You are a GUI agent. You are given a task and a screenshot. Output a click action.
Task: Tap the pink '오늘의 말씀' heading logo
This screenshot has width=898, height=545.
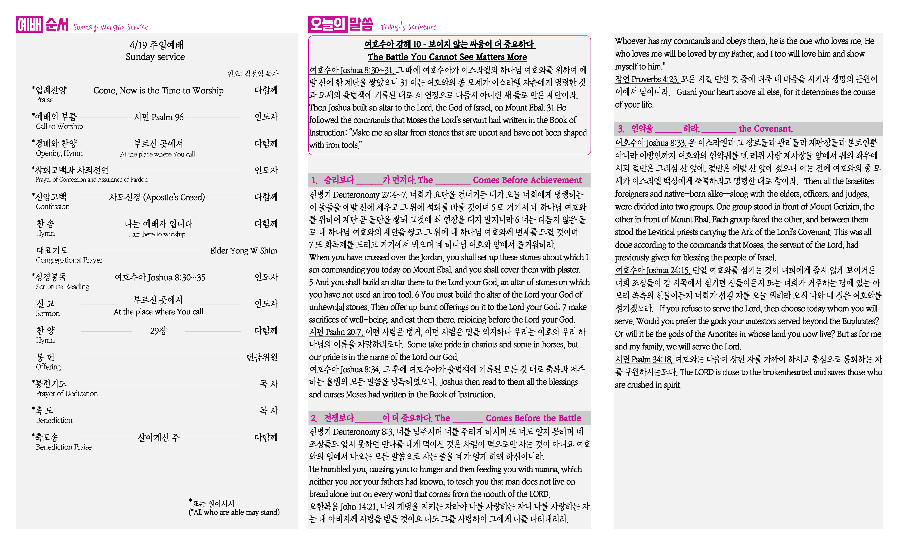[x=340, y=24]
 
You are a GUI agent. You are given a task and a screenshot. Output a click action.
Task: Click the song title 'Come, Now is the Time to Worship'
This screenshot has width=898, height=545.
[x=158, y=90]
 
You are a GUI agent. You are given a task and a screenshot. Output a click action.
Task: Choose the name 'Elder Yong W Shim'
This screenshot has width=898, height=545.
[x=244, y=251]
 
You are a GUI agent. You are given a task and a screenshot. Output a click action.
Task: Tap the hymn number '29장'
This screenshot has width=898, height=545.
[x=158, y=331]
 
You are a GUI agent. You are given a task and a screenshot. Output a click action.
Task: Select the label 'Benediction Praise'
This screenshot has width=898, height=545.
[x=64, y=447]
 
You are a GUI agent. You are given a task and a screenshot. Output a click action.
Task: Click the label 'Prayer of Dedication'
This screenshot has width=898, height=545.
[x=67, y=393]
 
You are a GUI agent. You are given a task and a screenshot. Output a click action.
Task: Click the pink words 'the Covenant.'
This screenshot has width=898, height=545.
[x=765, y=129]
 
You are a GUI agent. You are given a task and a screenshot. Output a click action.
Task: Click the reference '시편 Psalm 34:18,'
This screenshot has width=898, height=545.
[x=644, y=359]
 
